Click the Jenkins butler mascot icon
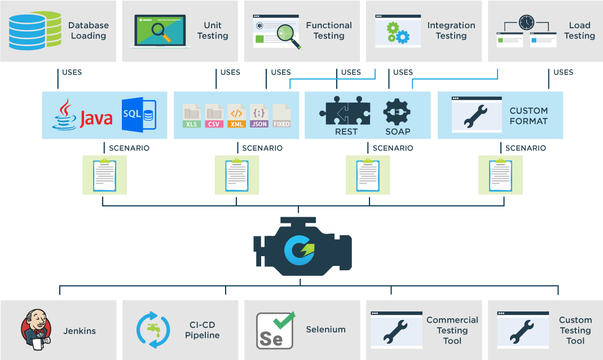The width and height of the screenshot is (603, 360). [36, 330]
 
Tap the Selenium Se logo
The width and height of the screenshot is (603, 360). [275, 330]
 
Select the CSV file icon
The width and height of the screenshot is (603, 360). [214, 116]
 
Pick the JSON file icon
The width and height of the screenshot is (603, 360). [259, 116]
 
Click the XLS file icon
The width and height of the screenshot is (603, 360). [192, 116]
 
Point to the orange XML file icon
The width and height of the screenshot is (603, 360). [236, 116]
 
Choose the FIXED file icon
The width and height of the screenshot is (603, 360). [281, 116]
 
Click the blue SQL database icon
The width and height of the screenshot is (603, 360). [139, 115]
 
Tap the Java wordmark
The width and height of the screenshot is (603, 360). [96, 118]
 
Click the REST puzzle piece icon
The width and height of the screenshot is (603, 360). [345, 111]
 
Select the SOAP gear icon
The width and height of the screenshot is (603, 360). [397, 112]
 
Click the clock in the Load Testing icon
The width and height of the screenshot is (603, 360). [526, 23]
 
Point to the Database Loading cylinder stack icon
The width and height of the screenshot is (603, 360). [35, 31]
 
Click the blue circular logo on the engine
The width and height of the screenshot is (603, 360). [299, 250]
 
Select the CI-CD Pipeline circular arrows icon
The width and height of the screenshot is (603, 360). [153, 330]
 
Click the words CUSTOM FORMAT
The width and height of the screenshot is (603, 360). [529, 116]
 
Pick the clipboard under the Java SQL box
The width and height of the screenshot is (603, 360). [104, 175]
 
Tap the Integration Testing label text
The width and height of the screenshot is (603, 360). [451, 30]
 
